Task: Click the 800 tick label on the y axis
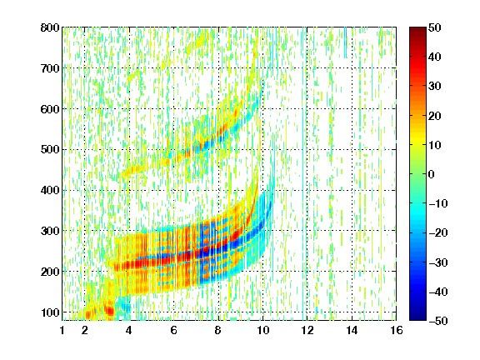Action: (x=50, y=27)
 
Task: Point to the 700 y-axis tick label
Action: (x=50, y=68)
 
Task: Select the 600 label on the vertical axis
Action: (x=50, y=109)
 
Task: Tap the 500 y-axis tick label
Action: (x=50, y=150)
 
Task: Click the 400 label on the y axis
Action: (x=50, y=190)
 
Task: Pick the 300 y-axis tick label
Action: (x=50, y=231)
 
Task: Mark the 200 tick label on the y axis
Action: (x=50, y=272)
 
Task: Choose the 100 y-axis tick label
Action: (x=50, y=312)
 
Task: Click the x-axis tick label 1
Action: (x=62, y=330)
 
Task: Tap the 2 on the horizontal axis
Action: (x=85, y=330)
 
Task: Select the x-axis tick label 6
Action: (x=173, y=330)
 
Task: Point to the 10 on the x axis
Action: (x=262, y=330)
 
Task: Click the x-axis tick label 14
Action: (x=352, y=330)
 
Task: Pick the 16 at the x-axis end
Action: (x=396, y=330)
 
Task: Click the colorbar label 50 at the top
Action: (x=434, y=27)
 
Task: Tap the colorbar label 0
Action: (x=432, y=174)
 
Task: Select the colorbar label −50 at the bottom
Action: (x=437, y=321)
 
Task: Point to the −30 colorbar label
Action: (x=437, y=262)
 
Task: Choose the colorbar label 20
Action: (x=434, y=116)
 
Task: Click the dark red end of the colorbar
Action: (x=417, y=30)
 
